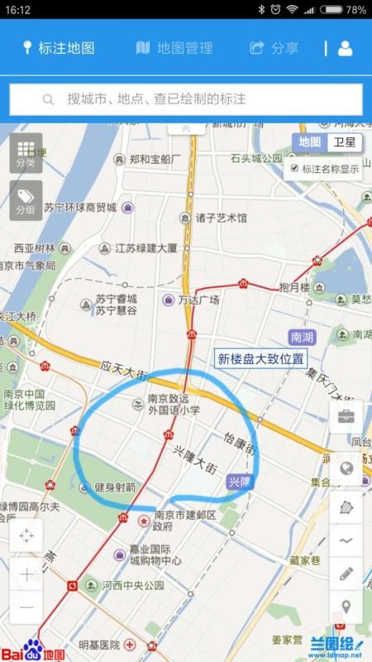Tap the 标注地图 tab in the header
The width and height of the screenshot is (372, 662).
tap(59, 48)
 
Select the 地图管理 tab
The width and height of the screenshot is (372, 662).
tap(174, 48)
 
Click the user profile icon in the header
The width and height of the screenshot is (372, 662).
tap(345, 48)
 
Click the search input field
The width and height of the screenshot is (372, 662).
tap(186, 99)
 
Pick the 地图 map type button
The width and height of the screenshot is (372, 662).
tap(310, 142)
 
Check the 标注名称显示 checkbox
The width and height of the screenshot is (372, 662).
tap(294, 168)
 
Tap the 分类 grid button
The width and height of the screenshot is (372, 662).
tap(26, 153)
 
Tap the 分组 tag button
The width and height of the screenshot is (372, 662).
tap(26, 201)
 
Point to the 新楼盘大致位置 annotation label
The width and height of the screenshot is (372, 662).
tap(260, 359)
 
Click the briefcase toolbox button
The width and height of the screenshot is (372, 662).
tap(346, 416)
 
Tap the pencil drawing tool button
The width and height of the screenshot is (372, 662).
tap(346, 573)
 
